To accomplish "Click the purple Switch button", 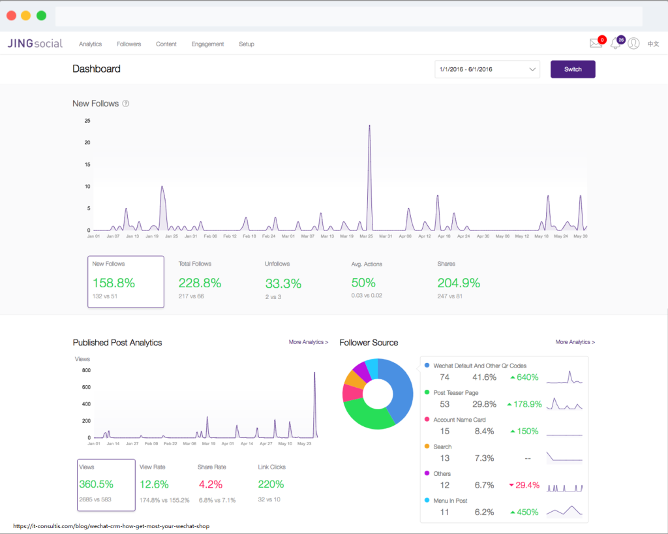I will (573, 69).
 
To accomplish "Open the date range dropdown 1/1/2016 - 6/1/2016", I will (487, 69).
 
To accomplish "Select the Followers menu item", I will (129, 44).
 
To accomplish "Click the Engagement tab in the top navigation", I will (207, 44).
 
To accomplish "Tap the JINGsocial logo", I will (35, 44).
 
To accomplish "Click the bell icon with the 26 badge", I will (615, 44).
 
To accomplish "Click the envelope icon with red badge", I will (596, 44).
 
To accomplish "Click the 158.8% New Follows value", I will (114, 283).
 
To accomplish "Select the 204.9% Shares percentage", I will (459, 283).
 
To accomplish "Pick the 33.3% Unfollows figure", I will (283, 284).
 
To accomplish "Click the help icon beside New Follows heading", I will (126, 104).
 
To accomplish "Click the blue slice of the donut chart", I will (400, 388).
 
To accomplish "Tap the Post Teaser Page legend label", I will (455, 393).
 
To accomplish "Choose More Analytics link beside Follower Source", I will (575, 342).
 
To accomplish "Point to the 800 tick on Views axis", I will (86, 370).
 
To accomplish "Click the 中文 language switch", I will (653, 44).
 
